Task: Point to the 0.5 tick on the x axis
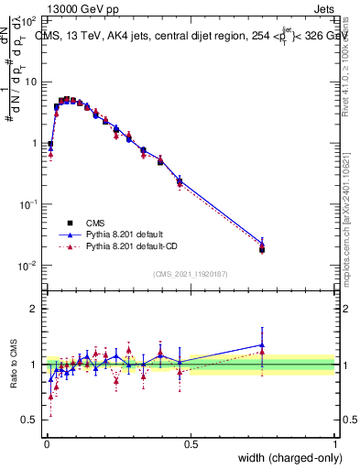click(x=191, y=444)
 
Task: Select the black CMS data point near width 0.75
click(x=262, y=249)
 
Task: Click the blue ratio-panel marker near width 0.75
click(x=262, y=345)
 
